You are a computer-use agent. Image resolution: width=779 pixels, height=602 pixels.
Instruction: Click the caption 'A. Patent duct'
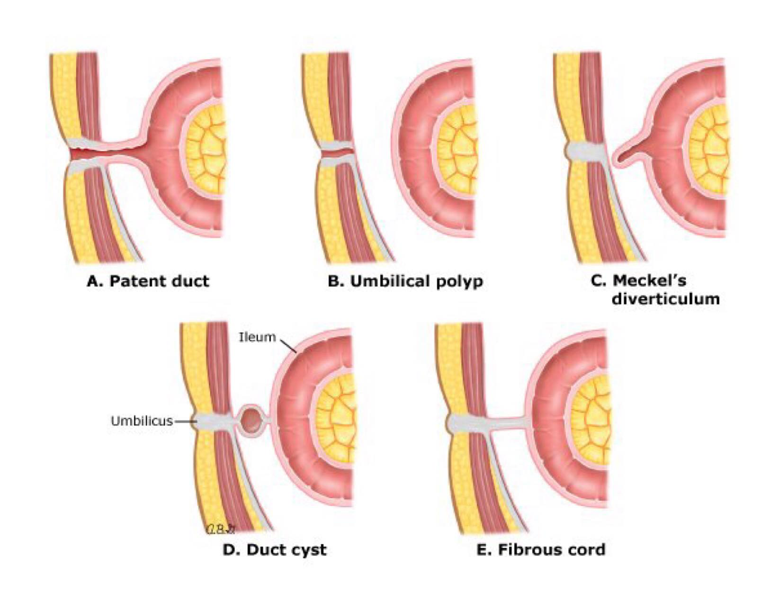click(x=148, y=281)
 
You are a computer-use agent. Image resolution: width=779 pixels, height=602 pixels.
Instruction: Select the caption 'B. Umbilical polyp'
click(x=405, y=281)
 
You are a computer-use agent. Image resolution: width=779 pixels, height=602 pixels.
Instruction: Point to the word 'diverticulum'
click(x=665, y=299)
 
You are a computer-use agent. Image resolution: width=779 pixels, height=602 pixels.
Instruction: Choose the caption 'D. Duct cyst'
click(x=274, y=549)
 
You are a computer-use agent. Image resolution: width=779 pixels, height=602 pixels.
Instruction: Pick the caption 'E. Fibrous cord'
click(x=541, y=549)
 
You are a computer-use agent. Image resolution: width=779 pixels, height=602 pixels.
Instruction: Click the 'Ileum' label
click(x=257, y=337)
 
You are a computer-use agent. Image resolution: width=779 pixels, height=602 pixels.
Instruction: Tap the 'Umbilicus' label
click(x=142, y=421)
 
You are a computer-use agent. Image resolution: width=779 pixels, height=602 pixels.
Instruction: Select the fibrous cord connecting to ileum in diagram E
click(x=509, y=422)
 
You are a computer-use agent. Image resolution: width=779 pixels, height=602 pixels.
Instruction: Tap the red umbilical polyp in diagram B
click(x=337, y=153)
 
